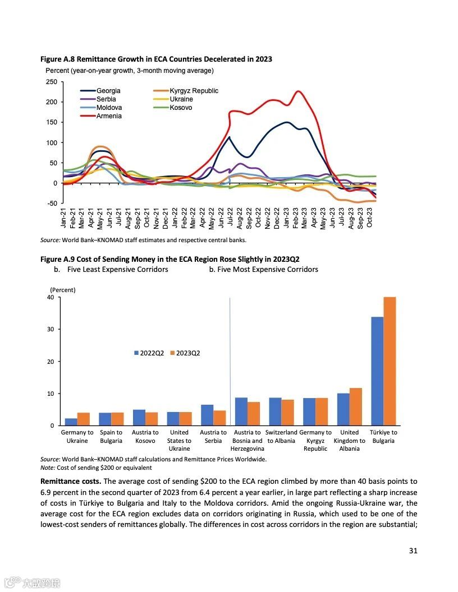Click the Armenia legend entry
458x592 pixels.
point(109,116)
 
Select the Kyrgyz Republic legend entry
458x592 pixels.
point(194,91)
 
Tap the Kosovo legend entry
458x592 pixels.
point(181,108)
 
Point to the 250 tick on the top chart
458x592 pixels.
point(51,82)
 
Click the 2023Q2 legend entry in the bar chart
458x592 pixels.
point(188,353)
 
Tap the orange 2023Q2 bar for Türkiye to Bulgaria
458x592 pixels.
point(390,361)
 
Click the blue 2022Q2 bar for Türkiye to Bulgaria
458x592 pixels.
point(377,371)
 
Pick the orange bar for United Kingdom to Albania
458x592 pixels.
point(356,406)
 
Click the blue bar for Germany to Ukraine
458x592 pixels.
point(71,422)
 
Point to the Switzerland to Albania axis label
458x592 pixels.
point(281,436)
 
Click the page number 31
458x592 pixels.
point(413,551)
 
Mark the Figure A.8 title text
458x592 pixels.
point(156,59)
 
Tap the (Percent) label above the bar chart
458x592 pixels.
point(62,290)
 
